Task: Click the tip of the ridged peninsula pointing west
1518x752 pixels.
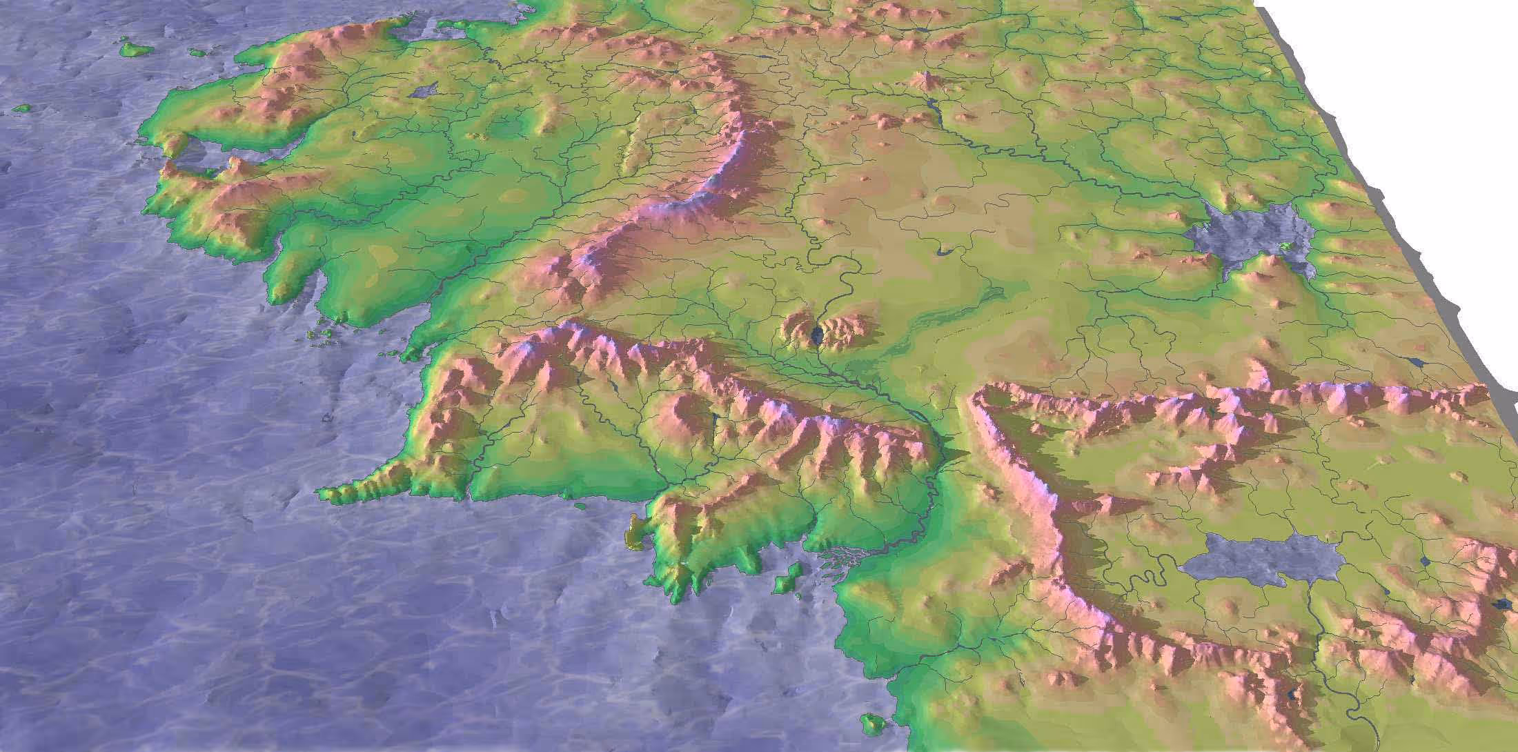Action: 324,494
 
